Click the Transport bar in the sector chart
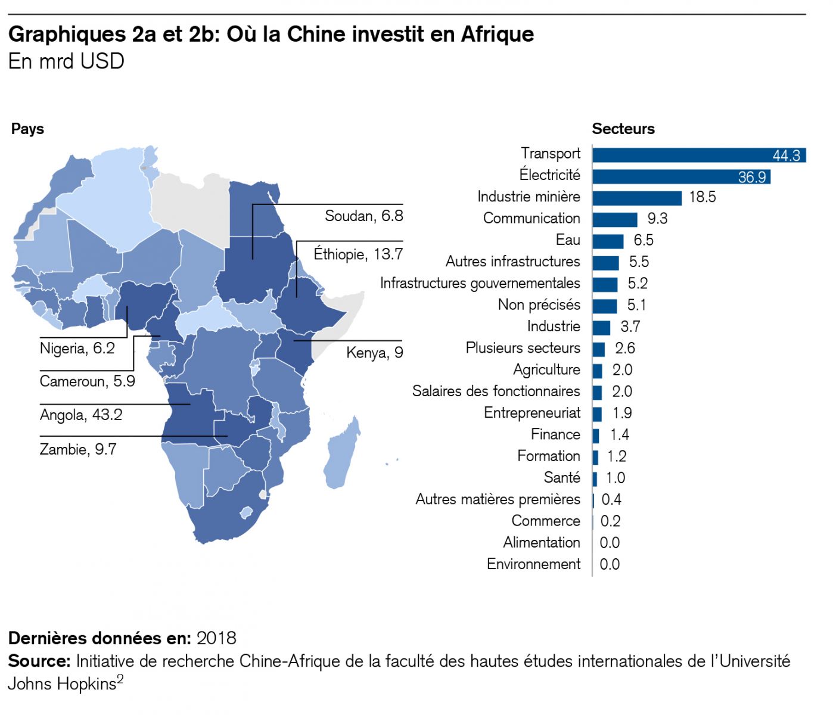point(679,155)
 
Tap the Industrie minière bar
point(637,198)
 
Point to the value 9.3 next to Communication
point(657,219)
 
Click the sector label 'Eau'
point(568,240)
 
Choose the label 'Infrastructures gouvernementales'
point(480,283)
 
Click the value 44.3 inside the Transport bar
point(786,156)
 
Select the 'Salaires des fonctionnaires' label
point(496,391)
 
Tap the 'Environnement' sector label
point(533,564)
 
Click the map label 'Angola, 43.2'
point(81,415)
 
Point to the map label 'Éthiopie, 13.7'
point(358,254)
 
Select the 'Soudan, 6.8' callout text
point(363,216)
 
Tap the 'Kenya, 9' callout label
point(374,353)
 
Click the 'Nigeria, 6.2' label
point(77,349)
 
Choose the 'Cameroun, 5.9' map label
point(87,381)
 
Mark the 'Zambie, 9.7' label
point(78,449)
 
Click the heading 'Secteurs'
point(623,129)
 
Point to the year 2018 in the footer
point(216,638)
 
